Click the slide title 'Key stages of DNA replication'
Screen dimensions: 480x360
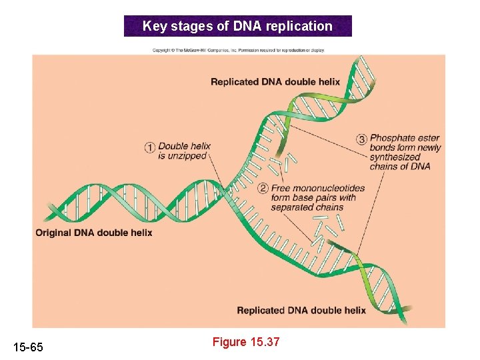[237, 27]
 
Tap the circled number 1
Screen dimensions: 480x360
[150, 147]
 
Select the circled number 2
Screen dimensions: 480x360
[263, 189]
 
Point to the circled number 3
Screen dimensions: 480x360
[362, 139]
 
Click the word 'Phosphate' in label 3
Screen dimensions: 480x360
[393, 139]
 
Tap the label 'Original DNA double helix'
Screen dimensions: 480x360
[94, 233]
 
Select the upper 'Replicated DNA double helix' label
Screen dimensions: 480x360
[275, 82]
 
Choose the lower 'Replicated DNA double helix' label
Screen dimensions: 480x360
[301, 310]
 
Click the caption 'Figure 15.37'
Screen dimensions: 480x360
[246, 342]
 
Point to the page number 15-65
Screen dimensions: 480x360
[28, 347]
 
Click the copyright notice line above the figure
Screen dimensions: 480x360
[238, 50]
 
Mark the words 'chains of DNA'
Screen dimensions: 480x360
[400, 167]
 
